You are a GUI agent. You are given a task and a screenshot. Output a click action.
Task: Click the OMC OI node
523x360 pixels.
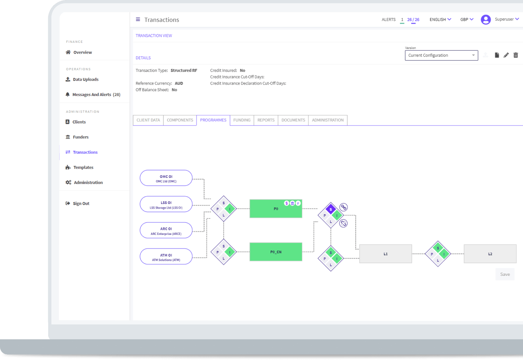[x=166, y=178]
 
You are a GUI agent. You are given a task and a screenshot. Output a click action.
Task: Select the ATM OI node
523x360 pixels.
[x=166, y=256]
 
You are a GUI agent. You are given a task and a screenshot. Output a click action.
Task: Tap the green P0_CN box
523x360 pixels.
[x=276, y=252]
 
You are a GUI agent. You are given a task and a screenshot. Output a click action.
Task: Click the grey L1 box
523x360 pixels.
[x=385, y=254]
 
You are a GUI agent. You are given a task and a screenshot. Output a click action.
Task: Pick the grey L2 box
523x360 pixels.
[x=490, y=254]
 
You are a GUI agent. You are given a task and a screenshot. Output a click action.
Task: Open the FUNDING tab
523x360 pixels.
[x=242, y=120]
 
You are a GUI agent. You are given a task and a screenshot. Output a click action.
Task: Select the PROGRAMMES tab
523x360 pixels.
[x=213, y=120]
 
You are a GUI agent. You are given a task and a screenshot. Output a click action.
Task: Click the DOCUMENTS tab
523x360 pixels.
[x=293, y=120]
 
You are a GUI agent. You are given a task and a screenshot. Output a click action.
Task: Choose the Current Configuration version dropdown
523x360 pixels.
[x=441, y=55]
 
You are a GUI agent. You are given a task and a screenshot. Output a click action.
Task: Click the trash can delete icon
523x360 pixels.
[x=516, y=55]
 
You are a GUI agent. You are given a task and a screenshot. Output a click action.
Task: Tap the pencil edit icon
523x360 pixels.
[x=506, y=55]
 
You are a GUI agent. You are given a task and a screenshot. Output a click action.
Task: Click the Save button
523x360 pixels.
[x=505, y=274]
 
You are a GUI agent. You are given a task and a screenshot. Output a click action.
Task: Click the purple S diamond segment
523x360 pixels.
[x=331, y=209]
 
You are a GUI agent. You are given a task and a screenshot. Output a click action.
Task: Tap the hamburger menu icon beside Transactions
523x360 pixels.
[x=138, y=20]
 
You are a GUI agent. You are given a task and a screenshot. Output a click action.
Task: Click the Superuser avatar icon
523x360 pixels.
[x=486, y=20]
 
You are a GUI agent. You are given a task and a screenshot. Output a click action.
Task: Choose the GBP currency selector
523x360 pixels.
[x=467, y=20]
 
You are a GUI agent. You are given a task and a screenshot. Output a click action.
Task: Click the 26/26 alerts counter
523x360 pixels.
[x=413, y=20]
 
